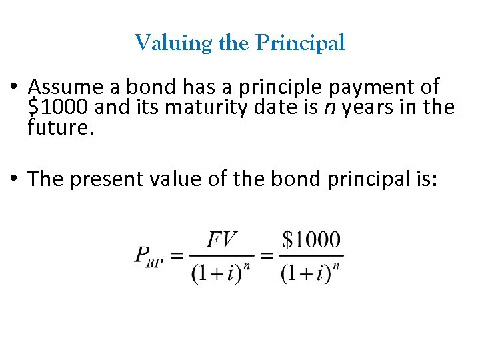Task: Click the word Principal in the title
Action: tap(301, 44)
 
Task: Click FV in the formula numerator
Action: tap(222, 239)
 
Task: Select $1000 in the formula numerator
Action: tap(311, 239)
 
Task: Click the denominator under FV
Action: tap(223, 272)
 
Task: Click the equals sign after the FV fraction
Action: tap(267, 255)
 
